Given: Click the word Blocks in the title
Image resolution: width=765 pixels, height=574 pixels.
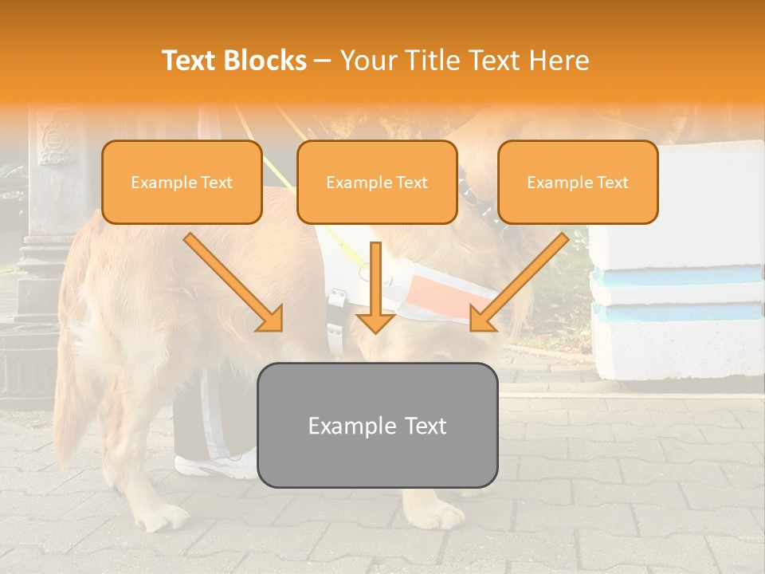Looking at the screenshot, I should [x=265, y=61].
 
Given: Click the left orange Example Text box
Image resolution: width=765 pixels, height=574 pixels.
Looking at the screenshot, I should [x=182, y=183].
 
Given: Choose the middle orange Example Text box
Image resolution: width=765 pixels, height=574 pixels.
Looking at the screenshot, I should [x=377, y=183].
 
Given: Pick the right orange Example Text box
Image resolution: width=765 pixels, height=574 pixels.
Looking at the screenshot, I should [x=578, y=183].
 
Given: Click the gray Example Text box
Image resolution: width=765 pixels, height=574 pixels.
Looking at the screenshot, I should [x=377, y=425].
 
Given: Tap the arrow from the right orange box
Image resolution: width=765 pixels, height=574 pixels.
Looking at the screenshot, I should [x=519, y=283].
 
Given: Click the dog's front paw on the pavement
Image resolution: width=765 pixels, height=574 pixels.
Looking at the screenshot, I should [x=438, y=515].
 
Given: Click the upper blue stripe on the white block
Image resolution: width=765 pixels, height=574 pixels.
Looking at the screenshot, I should [x=677, y=276].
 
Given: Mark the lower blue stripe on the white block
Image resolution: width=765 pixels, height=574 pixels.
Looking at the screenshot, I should [x=677, y=313].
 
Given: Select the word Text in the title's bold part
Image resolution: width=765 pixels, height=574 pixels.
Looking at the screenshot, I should [x=191, y=61].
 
